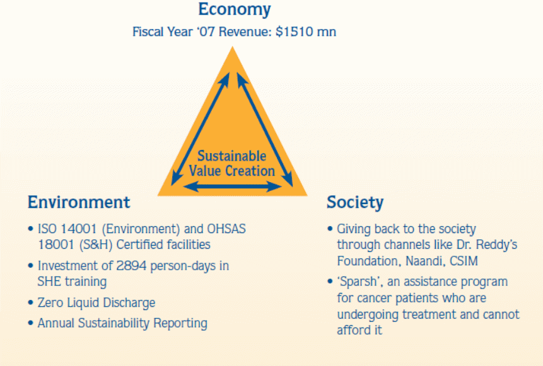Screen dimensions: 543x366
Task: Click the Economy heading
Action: [x=235, y=9]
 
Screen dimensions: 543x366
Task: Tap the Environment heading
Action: [x=79, y=202]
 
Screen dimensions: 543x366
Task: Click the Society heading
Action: [x=355, y=202]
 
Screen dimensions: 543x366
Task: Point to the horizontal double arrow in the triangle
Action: [x=232, y=187]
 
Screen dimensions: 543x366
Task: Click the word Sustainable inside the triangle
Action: [x=231, y=156]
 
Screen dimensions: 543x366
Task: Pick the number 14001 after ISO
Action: [x=78, y=229]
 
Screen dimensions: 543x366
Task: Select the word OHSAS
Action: [x=226, y=229]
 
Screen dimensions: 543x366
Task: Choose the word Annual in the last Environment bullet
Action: [x=56, y=323]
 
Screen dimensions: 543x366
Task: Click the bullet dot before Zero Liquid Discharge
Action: [x=30, y=303]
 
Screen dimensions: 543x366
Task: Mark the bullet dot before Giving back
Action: [x=330, y=229]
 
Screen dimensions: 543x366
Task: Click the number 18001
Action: [x=56, y=245]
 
